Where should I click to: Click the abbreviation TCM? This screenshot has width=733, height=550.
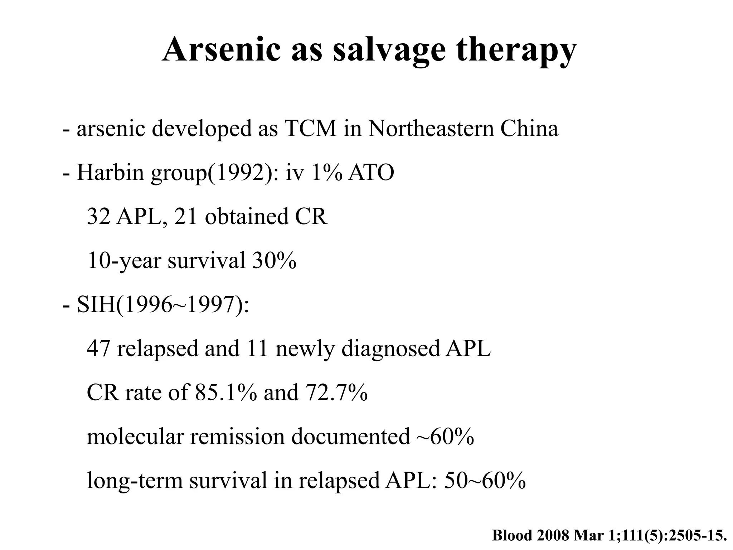click(x=310, y=128)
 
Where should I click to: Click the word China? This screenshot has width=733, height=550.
click(x=529, y=128)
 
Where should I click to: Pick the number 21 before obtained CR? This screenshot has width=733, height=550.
click(x=185, y=216)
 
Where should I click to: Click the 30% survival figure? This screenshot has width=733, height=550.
click(x=274, y=260)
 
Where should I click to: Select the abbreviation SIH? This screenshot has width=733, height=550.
click(x=96, y=305)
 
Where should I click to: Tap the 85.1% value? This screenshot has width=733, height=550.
click(x=225, y=392)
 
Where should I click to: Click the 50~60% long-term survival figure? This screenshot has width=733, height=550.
click(x=485, y=481)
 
